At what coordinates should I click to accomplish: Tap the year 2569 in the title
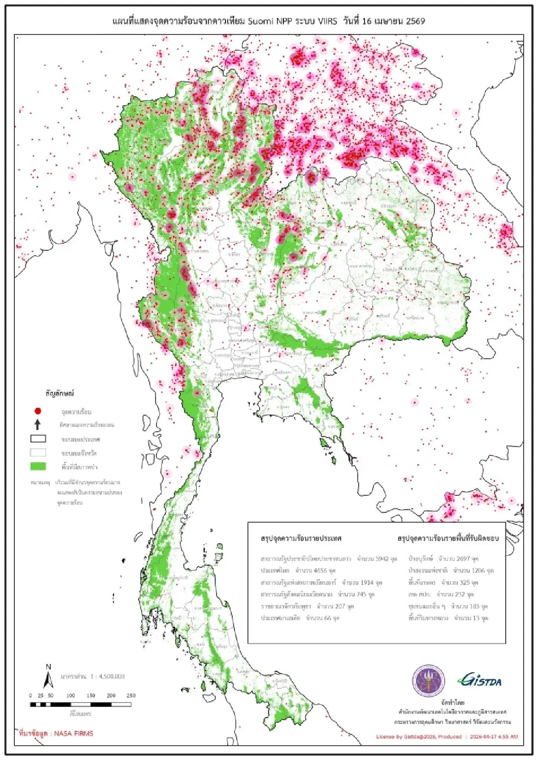point(415,21)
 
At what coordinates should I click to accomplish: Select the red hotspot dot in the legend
point(38,411)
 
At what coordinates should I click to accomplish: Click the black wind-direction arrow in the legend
point(38,425)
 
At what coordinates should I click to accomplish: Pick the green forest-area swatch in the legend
point(38,467)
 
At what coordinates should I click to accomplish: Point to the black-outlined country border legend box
point(38,439)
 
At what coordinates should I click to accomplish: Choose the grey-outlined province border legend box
point(38,453)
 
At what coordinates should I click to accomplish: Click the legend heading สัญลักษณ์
point(59,394)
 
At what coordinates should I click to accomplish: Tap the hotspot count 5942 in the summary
point(382,559)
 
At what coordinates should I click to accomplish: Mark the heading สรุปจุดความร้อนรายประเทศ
point(301,538)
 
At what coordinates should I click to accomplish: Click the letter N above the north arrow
point(48,667)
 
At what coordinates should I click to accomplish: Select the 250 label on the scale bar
point(131,696)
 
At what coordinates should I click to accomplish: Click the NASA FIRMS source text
point(74,734)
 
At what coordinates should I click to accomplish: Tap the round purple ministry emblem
point(429,681)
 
